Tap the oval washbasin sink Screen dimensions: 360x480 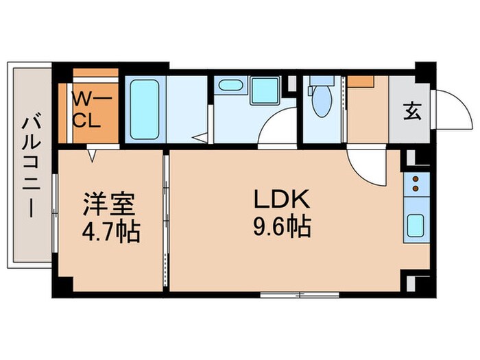tap(230, 86)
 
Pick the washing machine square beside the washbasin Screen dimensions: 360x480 tap(263, 91)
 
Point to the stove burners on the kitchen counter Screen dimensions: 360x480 tap(416, 184)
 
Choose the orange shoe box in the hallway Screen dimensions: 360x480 tap(359, 80)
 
